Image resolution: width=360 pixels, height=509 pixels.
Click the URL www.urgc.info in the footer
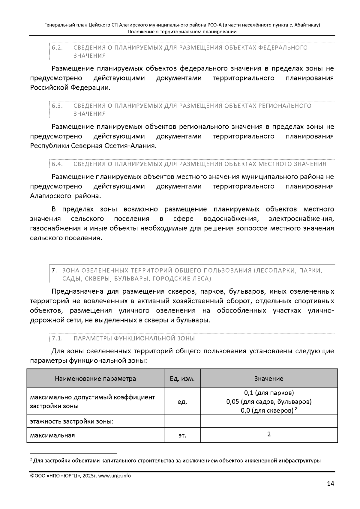[114, 476]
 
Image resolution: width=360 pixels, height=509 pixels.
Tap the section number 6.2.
[57, 48]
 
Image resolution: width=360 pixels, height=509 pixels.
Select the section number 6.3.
[57, 106]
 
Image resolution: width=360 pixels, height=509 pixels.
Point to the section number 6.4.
[57, 164]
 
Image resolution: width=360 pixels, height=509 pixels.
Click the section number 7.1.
[57, 338]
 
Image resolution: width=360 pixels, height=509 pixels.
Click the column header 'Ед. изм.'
[182, 379]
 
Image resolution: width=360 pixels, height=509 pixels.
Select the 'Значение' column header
[268, 379]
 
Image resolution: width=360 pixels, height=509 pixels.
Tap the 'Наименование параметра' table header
[95, 379]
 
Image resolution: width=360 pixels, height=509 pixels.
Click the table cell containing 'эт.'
[182, 435]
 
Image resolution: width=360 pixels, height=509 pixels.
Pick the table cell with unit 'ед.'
[182, 402]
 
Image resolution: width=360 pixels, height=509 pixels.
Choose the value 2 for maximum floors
[269, 434]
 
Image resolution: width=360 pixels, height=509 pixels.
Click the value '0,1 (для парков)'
[269, 393]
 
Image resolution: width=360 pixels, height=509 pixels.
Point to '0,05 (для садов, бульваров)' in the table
[269, 402]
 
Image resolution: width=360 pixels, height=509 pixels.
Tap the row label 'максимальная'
[52, 435]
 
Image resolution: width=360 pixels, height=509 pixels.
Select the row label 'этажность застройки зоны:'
[72, 421]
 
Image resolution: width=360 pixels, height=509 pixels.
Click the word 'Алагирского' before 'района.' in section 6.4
[49, 196]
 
